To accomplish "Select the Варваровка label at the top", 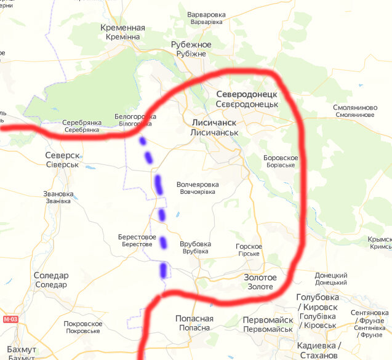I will point(207,18).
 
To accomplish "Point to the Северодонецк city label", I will point(247,99).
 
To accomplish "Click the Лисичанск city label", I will point(214,127).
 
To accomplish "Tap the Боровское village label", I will point(280,162).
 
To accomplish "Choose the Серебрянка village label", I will point(82,126).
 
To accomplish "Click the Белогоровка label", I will point(135,120).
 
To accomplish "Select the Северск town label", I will point(62,159).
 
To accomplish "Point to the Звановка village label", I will point(58,198).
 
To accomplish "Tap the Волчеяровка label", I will point(198,188).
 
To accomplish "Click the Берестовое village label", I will point(137,240).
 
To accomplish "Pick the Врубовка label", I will point(195,247).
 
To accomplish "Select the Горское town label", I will point(249,250).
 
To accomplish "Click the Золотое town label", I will point(260,282).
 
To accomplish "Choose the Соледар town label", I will point(51,280).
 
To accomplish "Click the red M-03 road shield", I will point(10,319).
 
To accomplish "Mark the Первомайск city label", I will point(268,325).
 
